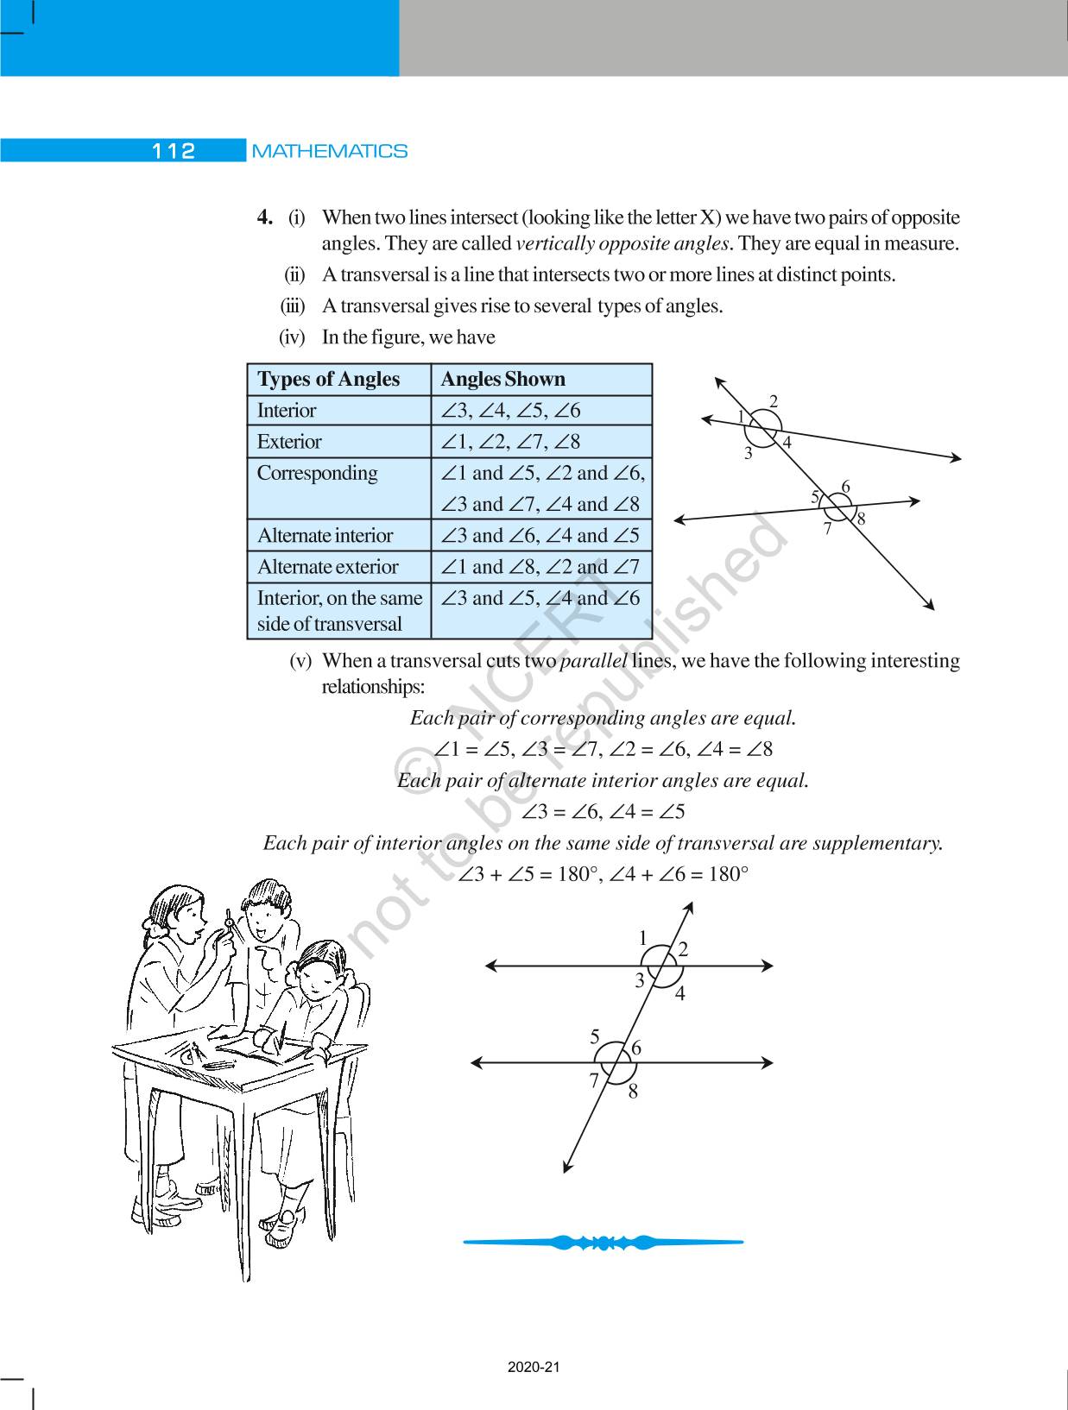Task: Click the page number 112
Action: coord(174,151)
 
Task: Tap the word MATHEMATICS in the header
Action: coord(329,151)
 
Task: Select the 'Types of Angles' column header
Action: coord(328,380)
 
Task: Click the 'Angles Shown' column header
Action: coord(502,380)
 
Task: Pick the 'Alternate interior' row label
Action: coord(325,536)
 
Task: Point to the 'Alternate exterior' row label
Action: coord(327,567)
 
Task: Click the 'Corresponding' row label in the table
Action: coord(317,473)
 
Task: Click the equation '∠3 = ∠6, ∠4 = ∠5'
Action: coord(603,812)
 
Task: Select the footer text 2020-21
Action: coord(534,1368)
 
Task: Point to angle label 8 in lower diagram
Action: coord(633,1092)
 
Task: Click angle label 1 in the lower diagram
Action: coord(642,938)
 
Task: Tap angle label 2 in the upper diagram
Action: coord(774,400)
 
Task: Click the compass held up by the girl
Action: coord(229,924)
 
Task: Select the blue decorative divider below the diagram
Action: coord(603,1243)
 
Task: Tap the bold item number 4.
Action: coord(265,217)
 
